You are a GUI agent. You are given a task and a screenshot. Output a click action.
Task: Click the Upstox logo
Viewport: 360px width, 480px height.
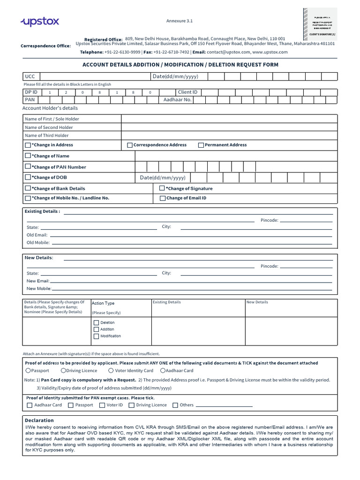[x=39, y=22]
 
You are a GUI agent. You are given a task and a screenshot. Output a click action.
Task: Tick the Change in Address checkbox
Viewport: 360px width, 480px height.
[x=28, y=145]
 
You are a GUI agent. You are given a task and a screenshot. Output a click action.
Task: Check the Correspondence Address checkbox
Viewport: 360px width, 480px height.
[x=130, y=145]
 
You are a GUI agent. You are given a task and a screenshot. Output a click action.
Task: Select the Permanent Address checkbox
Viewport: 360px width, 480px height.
[x=201, y=145]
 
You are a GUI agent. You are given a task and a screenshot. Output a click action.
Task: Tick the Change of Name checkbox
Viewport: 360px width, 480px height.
[x=28, y=156]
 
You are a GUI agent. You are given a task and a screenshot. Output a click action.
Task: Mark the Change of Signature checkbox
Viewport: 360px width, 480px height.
[x=162, y=188]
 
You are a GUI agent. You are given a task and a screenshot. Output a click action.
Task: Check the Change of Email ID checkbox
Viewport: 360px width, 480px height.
[x=163, y=198]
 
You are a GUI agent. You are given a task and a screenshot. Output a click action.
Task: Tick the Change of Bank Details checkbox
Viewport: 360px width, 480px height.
[x=28, y=188]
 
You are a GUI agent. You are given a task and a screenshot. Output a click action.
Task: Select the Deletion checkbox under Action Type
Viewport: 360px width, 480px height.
[x=96, y=322]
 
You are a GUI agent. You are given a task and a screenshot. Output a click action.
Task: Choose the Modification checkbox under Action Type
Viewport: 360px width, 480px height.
[x=96, y=336]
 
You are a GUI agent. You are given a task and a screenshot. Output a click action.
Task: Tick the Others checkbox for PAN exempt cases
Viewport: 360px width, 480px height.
[x=175, y=405]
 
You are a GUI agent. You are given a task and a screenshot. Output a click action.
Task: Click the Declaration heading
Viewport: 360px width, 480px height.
[x=39, y=420]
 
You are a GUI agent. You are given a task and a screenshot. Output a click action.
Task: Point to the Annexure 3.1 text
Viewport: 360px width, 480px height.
[x=180, y=21]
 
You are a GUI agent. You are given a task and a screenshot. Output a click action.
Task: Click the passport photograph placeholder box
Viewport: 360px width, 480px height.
[x=319, y=22]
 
